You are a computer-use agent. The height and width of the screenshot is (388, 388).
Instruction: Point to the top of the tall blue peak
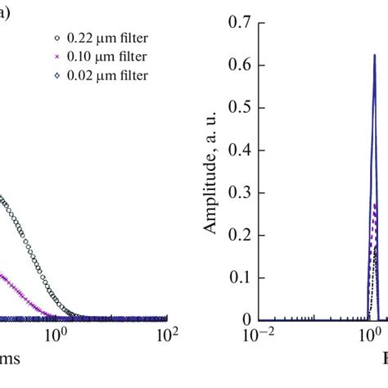pos(374,56)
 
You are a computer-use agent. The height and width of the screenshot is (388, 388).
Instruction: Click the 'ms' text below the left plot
pos(11,359)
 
